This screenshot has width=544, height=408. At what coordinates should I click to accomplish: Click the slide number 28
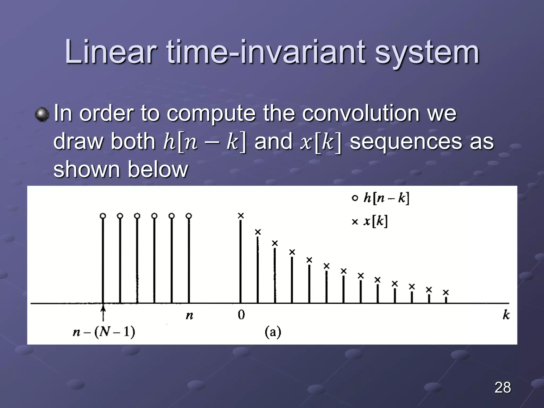coord(503,387)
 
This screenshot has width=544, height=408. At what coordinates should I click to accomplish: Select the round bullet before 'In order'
coord(42,114)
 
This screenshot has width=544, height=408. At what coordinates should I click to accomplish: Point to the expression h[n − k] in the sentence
coord(205,142)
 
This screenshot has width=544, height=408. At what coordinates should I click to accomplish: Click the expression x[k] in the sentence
coord(320,142)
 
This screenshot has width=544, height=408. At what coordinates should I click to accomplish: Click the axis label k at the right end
coord(506,315)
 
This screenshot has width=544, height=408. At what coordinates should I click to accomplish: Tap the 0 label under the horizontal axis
coord(241,315)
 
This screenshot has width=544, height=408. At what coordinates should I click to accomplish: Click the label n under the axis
coord(189,316)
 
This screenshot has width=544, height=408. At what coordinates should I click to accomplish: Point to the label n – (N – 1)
coord(104,332)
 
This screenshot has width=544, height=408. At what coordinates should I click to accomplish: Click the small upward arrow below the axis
coord(103,313)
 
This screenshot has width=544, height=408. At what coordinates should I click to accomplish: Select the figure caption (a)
coord(273,332)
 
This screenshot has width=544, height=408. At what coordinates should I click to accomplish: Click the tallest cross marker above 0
coord(241,216)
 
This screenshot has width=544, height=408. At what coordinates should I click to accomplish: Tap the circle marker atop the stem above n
coord(189,216)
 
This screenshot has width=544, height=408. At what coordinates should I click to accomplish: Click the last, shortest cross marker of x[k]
coord(446,292)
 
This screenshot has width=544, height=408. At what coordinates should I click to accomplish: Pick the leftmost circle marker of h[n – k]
coord(103,216)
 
